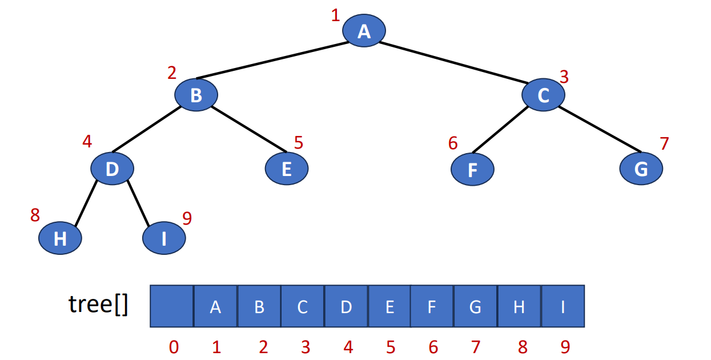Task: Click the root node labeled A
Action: pyautogui.click(x=364, y=30)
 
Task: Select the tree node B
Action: pyautogui.click(x=196, y=94)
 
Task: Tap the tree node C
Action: pyautogui.click(x=543, y=95)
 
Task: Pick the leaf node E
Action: pyautogui.click(x=287, y=169)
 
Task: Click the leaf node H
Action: pyautogui.click(x=60, y=238)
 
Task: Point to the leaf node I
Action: pyautogui.click(x=164, y=238)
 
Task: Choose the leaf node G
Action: pyautogui.click(x=641, y=169)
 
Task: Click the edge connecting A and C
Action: pyautogui.click(x=457, y=63)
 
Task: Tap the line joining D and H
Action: pyautogui.click(x=85, y=203)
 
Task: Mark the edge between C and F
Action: pyautogui.click(x=500, y=130)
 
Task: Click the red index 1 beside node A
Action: pyautogui.click(x=335, y=15)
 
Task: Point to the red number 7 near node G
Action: pyautogui.click(x=664, y=143)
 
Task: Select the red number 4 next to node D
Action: pyautogui.click(x=87, y=141)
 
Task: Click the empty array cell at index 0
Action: pyautogui.click(x=172, y=306)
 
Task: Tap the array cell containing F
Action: pyautogui.click(x=432, y=306)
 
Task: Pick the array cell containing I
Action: pyautogui.click(x=563, y=306)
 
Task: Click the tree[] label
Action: pyautogui.click(x=98, y=305)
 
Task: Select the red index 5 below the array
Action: pyautogui.click(x=390, y=347)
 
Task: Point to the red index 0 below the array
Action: pyautogui.click(x=174, y=347)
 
